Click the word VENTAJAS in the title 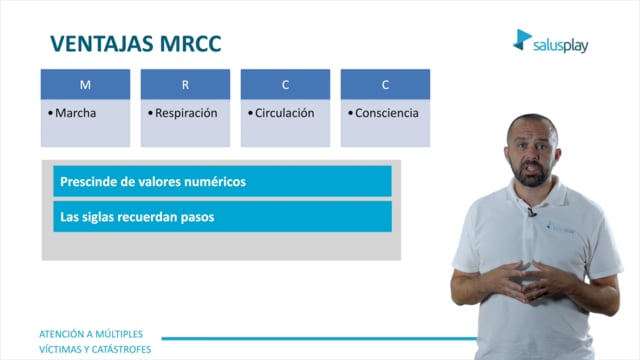[102, 44]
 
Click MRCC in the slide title [191, 44]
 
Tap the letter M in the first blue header [85, 84]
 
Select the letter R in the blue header [185, 84]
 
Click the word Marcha [76, 113]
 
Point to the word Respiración [186, 113]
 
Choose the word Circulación [284, 113]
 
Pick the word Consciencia [387, 113]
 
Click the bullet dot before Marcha [50, 113]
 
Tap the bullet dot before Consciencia [350, 113]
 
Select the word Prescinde [88, 182]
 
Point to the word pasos [199, 218]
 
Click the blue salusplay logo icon [522, 40]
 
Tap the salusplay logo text [560, 45]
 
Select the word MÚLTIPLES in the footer [119, 334]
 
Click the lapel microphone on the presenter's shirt [531, 212]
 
